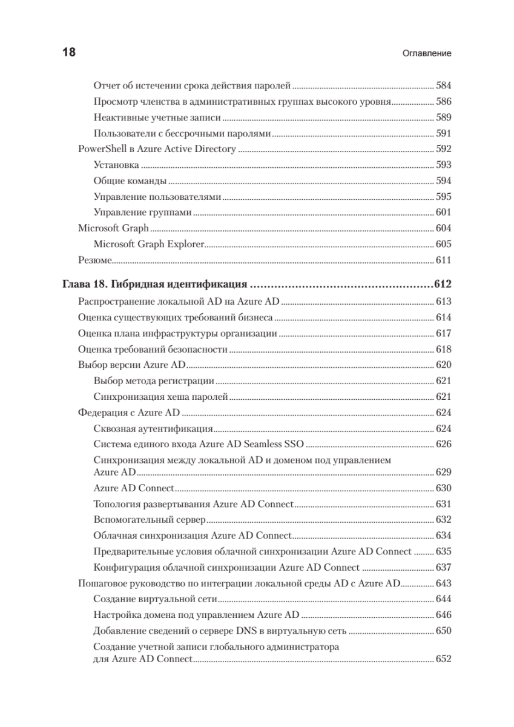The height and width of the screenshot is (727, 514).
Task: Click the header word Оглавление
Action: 427,53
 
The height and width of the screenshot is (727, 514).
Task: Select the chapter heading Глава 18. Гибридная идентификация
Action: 154,284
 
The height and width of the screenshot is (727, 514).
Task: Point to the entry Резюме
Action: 94,260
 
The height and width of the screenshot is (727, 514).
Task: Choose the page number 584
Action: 444,85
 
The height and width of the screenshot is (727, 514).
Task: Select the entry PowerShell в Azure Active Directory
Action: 157,148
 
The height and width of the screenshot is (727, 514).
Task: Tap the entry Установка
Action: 117,164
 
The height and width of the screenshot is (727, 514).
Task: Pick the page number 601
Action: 444,212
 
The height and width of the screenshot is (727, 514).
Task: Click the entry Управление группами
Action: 143,212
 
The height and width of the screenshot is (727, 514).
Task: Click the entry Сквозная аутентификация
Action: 149,428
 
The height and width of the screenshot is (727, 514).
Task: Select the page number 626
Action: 444,444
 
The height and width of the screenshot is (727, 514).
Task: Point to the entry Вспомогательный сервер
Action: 150,519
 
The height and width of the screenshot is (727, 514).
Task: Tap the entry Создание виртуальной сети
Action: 155,599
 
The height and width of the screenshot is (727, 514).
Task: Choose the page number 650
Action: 444,631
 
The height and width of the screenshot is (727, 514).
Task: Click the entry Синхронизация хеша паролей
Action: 160,397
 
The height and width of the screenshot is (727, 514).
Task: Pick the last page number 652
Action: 444,659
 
